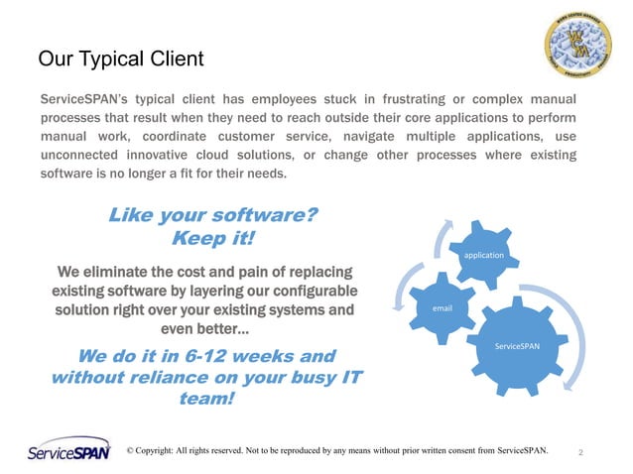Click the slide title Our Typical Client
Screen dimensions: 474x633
(x=120, y=59)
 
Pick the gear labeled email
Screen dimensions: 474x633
(x=442, y=308)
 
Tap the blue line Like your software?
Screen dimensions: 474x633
(x=212, y=215)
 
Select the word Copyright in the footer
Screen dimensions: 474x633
(x=165, y=451)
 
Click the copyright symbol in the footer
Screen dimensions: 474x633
(x=131, y=451)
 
